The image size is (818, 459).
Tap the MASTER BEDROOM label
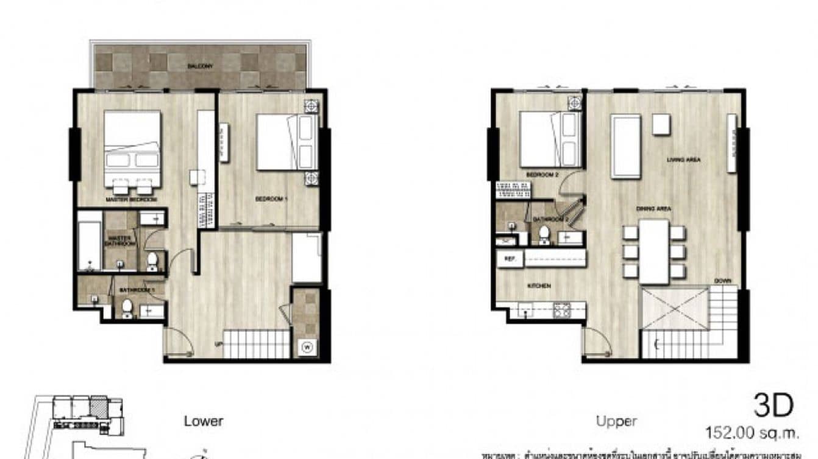(x=131, y=200)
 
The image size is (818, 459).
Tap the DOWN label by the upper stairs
(x=724, y=281)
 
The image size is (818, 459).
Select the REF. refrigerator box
(x=510, y=258)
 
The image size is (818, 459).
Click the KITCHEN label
(x=540, y=286)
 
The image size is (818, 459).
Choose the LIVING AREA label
(x=683, y=160)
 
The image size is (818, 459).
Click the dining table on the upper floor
(x=654, y=251)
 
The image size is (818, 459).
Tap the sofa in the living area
(x=626, y=146)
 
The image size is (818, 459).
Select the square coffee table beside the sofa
(x=661, y=124)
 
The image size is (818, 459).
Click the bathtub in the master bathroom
(x=90, y=241)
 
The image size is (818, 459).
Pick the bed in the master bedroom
(x=132, y=146)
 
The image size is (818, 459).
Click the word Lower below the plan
(x=204, y=421)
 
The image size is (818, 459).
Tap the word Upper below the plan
(x=616, y=421)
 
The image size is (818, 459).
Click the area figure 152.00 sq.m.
(x=752, y=433)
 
